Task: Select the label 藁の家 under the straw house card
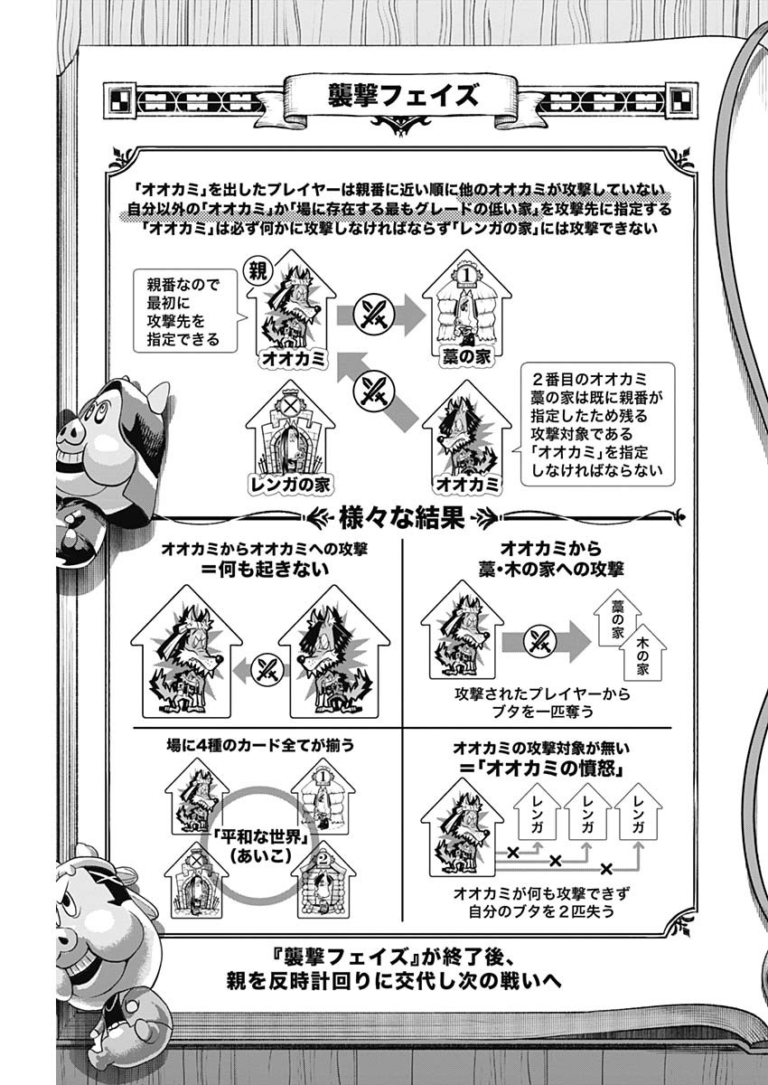pos(466,358)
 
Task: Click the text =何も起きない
pos(264,570)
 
